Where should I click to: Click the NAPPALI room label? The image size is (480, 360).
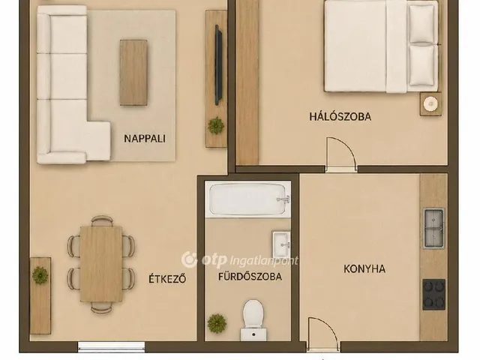click(x=145, y=138)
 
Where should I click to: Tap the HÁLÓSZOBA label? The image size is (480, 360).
click(x=340, y=117)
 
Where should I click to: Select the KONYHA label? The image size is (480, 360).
click(x=364, y=268)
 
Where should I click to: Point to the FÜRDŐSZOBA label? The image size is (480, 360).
click(x=250, y=277)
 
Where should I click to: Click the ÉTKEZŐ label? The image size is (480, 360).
click(x=167, y=279)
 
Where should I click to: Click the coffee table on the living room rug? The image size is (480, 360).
click(x=133, y=73)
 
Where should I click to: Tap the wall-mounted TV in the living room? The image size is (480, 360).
click(x=218, y=65)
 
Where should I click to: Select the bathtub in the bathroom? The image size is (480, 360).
click(x=247, y=199)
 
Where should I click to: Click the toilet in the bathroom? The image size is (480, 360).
click(x=253, y=320)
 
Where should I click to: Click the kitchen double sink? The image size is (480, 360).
click(x=433, y=228)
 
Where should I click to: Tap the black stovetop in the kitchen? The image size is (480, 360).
click(x=433, y=294)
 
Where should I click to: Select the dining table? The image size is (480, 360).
click(x=101, y=264)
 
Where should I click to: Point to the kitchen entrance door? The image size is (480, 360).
click(x=322, y=334)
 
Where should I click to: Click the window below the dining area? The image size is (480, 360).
click(x=112, y=346)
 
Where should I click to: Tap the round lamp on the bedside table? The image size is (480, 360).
click(x=431, y=103)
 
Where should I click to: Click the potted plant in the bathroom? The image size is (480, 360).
click(x=217, y=323)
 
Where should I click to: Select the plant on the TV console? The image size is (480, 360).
click(x=216, y=125)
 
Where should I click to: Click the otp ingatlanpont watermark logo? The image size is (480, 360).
click(x=240, y=260)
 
